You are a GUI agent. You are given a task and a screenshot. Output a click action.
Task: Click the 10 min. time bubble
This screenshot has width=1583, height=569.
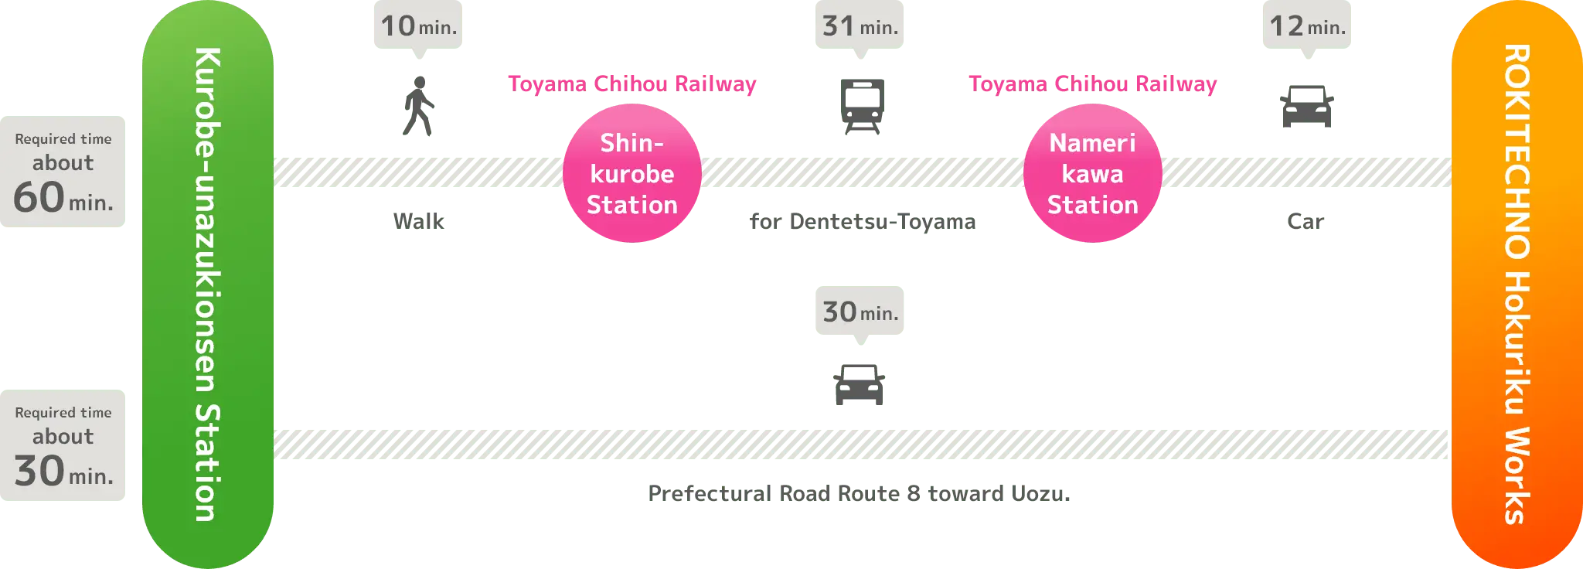(x=417, y=26)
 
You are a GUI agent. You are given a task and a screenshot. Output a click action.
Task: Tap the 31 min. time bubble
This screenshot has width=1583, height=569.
(x=859, y=26)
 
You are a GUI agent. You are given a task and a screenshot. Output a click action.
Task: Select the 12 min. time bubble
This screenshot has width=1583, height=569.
(x=1307, y=26)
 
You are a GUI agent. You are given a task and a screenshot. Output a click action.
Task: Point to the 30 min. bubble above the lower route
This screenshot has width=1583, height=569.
(x=859, y=312)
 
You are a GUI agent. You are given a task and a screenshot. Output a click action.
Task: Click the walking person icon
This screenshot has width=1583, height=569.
(x=418, y=108)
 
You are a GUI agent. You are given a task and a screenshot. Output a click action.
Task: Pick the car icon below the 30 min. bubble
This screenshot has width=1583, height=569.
(x=859, y=384)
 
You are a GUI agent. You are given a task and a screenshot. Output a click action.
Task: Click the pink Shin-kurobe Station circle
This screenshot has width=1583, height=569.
(x=631, y=174)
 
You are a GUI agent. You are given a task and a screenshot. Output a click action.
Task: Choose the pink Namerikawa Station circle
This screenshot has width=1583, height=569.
(x=1092, y=174)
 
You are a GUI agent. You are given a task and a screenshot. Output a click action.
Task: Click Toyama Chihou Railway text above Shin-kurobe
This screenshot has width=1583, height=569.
(x=631, y=83)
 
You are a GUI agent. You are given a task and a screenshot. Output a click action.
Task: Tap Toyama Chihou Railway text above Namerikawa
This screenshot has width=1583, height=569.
(x=1092, y=83)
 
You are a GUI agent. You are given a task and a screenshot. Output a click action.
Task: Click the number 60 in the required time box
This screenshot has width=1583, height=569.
(x=39, y=197)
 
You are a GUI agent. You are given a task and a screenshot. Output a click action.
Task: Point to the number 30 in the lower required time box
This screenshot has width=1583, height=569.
(x=39, y=471)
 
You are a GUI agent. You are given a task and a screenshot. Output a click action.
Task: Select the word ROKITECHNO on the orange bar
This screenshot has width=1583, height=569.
(x=1517, y=152)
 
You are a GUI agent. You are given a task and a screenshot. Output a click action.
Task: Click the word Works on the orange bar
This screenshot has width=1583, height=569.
(x=1517, y=475)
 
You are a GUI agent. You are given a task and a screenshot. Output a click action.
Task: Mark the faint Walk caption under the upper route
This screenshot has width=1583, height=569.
(x=418, y=221)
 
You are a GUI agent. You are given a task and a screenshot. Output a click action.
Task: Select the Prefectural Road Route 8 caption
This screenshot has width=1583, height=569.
(x=859, y=492)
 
